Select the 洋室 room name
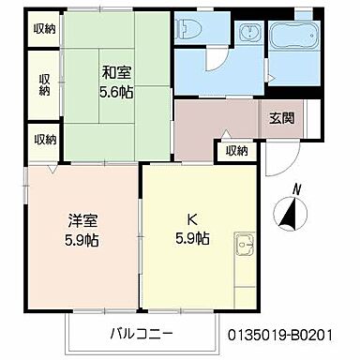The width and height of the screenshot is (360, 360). [x=82, y=222]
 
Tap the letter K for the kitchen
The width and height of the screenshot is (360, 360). [x=191, y=222]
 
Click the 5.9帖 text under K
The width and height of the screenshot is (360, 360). [x=191, y=239]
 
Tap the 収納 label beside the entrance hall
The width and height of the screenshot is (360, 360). [x=236, y=150]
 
